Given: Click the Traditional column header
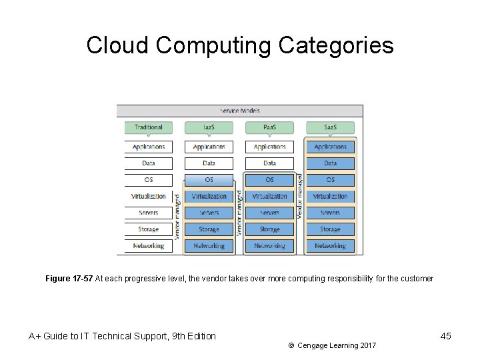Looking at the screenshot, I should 148,127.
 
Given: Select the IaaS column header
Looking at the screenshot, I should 209,127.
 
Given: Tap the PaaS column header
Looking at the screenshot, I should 269,127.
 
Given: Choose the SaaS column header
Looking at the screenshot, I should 330,127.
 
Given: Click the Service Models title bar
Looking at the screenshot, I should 240,111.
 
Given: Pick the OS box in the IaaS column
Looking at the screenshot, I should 209,180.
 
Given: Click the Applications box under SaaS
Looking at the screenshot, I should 330,147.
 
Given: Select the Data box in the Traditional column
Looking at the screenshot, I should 148,163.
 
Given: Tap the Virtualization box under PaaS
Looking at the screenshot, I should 269,197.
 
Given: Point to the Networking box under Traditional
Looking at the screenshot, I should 148,246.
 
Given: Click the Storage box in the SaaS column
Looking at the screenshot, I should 330,229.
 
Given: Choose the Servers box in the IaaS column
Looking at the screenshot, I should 209,213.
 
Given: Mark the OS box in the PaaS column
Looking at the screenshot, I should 269,180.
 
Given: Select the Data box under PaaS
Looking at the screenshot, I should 269,163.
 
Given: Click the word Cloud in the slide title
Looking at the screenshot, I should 118,46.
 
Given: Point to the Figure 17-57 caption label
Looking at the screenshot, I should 69,279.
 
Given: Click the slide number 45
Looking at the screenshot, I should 445,336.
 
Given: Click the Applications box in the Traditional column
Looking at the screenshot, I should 148,147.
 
